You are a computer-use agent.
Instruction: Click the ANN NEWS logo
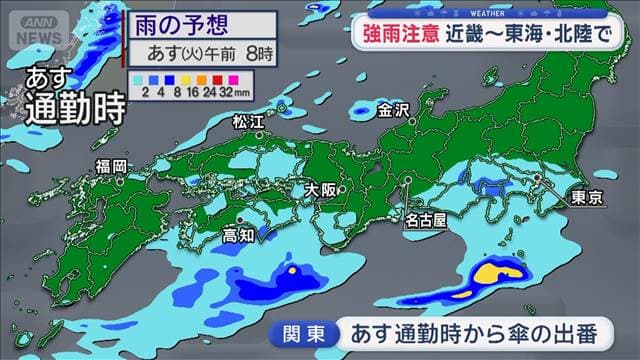coord(36,21)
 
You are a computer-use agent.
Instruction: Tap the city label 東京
coord(582,198)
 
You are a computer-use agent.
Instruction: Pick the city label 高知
coord(238,236)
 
